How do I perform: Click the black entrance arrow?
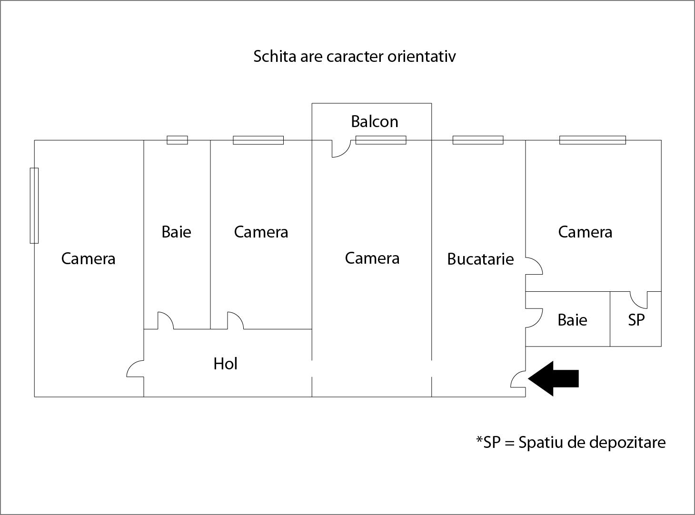click(553, 378)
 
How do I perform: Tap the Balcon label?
click(375, 121)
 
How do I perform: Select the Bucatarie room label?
click(480, 259)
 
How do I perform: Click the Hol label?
click(225, 364)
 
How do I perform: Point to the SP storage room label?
click(636, 320)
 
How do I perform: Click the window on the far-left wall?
click(34, 206)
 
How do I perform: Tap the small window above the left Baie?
click(178, 140)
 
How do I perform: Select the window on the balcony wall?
click(381, 140)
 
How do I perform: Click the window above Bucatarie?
click(478, 140)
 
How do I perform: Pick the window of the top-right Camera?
click(593, 140)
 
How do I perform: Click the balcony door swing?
click(341, 149)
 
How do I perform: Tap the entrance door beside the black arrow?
click(518, 379)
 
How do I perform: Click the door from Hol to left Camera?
click(135, 368)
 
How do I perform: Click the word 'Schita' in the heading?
click(275, 57)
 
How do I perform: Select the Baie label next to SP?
click(572, 320)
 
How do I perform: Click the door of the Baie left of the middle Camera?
click(166, 320)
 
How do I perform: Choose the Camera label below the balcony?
click(372, 258)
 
